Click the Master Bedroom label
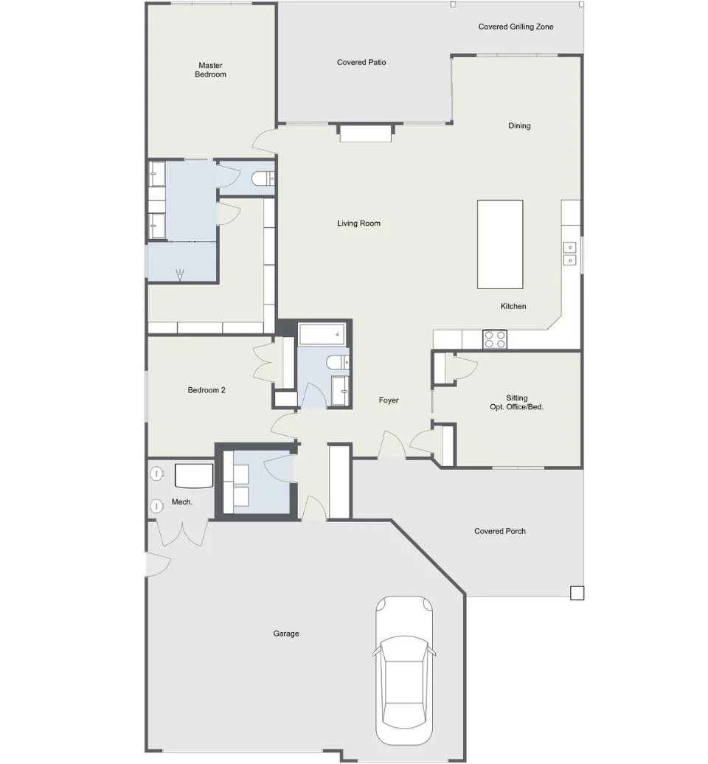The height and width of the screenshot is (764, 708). click(210, 69)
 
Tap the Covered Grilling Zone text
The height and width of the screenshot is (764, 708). click(516, 27)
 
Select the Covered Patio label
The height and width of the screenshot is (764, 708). click(361, 63)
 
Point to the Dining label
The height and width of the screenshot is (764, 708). click(519, 125)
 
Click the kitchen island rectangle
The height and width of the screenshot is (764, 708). click(500, 244)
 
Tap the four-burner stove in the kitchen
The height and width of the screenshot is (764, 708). click(495, 339)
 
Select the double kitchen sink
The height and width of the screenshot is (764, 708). click(569, 254)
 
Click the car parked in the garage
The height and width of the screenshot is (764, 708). click(404, 677)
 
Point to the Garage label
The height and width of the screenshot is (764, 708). click(286, 633)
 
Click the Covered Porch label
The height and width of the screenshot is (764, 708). click(500, 531)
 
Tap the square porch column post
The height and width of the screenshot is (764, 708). click(577, 592)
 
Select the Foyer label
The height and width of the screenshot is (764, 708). click(389, 400)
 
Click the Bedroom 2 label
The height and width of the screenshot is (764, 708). click(206, 390)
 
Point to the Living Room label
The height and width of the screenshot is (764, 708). click(358, 223)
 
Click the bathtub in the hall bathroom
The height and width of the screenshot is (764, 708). click(322, 334)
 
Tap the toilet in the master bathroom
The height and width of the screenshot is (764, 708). click(263, 178)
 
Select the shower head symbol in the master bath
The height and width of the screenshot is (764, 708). click(180, 275)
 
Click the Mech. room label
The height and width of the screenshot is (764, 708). click(182, 502)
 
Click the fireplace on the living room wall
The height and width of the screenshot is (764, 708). click(366, 133)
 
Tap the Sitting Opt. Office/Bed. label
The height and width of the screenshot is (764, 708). click(516, 403)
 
